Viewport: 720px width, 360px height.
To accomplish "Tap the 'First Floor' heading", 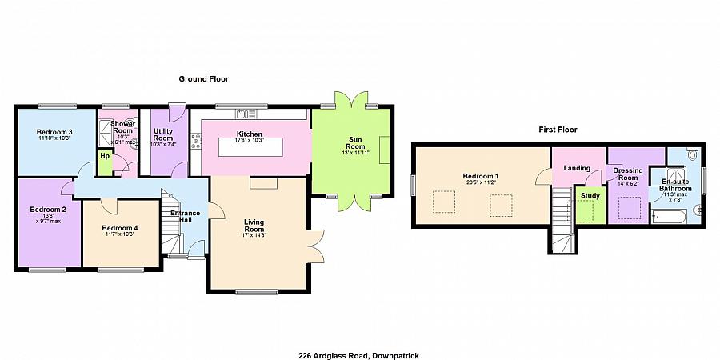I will tap(558, 129).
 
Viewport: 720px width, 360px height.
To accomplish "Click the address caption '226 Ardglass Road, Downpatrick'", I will tap(359, 355).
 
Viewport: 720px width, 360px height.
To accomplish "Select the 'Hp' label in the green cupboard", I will tap(105, 156).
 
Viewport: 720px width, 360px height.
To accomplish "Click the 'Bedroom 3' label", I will tap(54, 132).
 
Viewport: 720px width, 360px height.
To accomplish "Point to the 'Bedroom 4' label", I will tap(120, 228).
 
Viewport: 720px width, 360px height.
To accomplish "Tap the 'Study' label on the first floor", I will tap(590, 195).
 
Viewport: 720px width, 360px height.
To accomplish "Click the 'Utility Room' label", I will tap(162, 134).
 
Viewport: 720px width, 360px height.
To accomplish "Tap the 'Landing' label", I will tap(576, 168).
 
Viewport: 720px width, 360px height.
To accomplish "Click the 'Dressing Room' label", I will tap(627, 174).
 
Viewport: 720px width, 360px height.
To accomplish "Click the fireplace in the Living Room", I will tap(262, 184).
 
